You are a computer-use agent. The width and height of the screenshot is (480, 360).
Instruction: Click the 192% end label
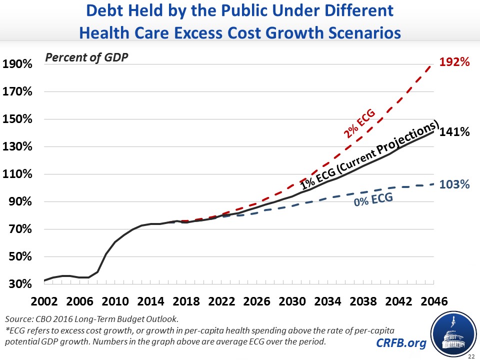[x=454, y=62]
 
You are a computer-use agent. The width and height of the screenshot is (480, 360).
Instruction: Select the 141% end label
[x=454, y=132]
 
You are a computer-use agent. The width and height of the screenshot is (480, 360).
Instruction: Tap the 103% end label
[x=454, y=184]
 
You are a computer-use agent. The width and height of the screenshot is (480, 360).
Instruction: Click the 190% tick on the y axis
[x=17, y=65]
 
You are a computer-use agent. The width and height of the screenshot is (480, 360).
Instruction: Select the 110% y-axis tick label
[x=17, y=175]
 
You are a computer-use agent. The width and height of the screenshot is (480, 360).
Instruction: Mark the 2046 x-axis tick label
[x=432, y=302]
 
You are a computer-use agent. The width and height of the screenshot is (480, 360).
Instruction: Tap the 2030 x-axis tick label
[x=293, y=302]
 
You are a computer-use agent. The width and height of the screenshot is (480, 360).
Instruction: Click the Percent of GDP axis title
[x=87, y=57]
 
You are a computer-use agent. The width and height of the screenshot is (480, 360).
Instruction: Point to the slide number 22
[x=471, y=356]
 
